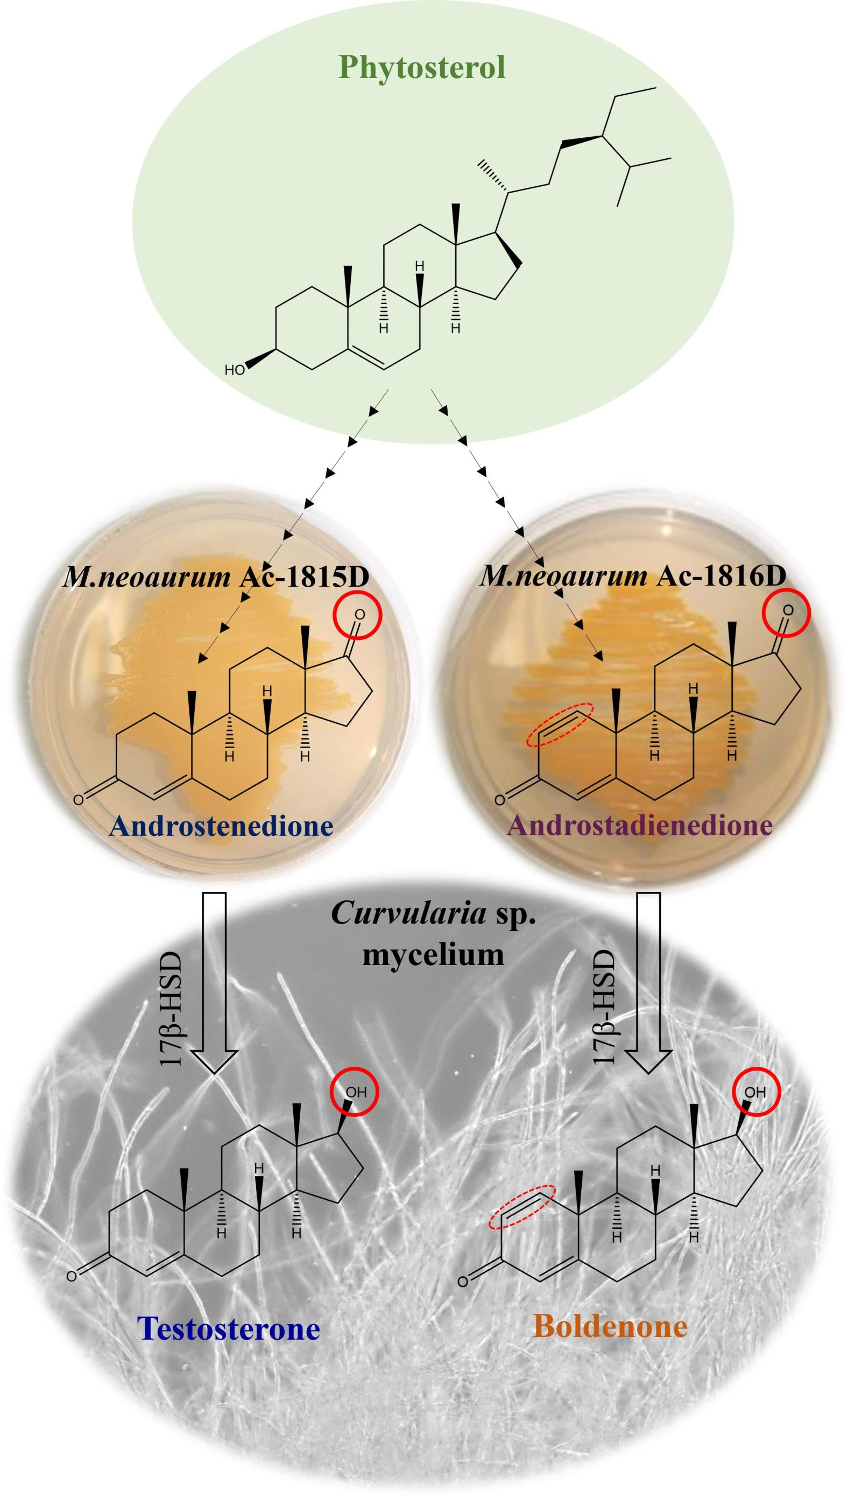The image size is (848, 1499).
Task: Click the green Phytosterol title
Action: [422, 68]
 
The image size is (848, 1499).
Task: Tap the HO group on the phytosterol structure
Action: [235, 370]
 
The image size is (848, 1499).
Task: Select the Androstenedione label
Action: [221, 826]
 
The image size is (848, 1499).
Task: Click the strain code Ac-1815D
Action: [305, 578]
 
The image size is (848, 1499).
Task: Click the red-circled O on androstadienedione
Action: [787, 610]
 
